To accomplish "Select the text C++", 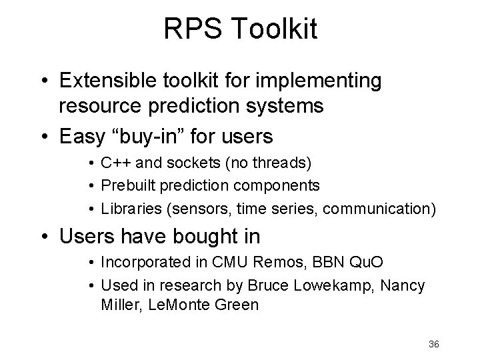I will (114, 163).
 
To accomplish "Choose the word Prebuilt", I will (125, 184).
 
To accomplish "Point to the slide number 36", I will (434, 344).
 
